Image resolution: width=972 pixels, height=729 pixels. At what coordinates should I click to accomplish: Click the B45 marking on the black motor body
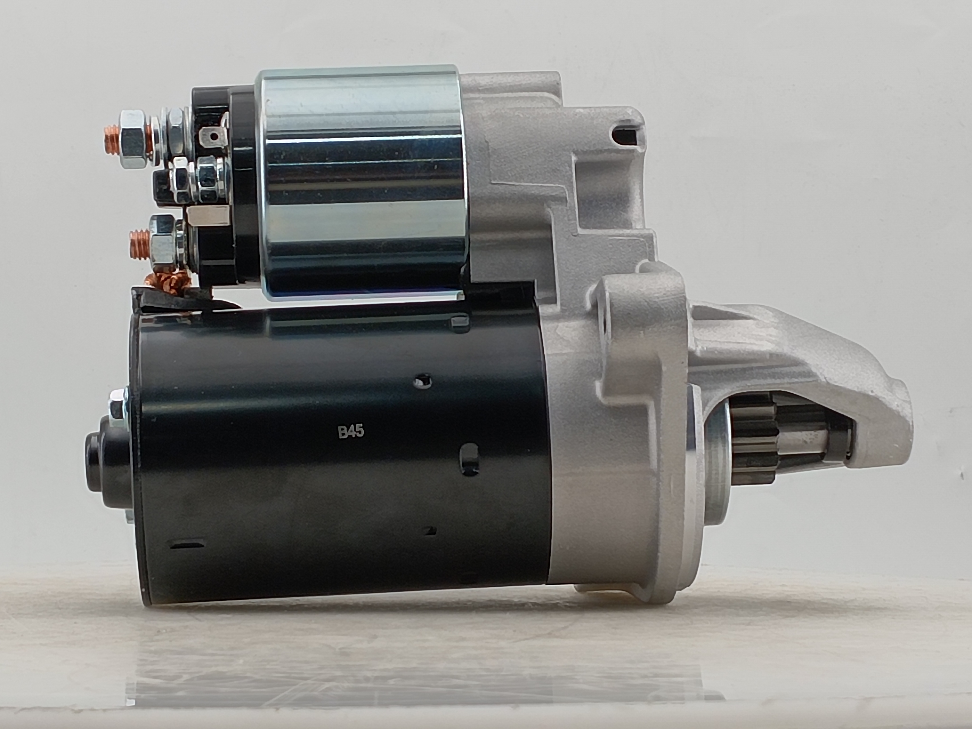(x=351, y=431)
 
